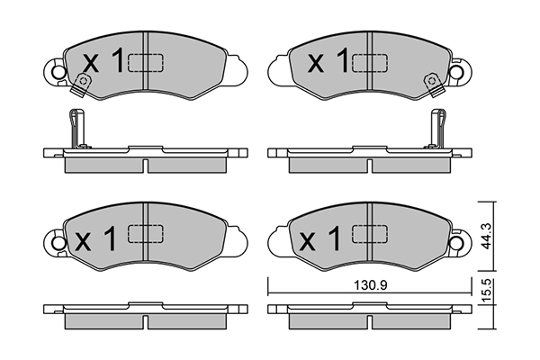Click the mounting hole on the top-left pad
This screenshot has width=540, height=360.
tap(58, 71)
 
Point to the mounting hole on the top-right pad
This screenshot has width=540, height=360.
tap(458, 71)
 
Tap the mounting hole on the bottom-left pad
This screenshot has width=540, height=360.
tap(58, 242)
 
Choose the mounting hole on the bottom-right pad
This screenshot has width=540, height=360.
tap(458, 242)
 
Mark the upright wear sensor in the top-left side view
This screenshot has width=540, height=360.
tap(75, 129)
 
